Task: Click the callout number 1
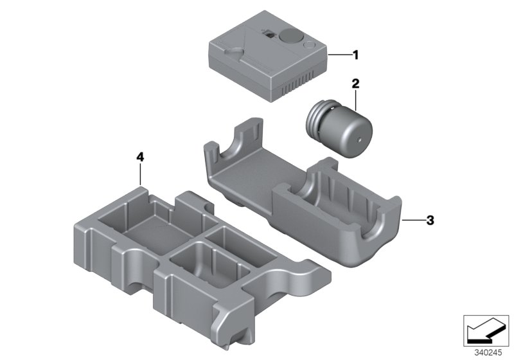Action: (x=355, y=56)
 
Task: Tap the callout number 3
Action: (x=430, y=221)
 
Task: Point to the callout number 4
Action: (x=141, y=156)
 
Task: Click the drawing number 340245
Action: (x=490, y=352)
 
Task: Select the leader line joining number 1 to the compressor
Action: (x=338, y=57)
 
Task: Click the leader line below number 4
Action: (x=141, y=175)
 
